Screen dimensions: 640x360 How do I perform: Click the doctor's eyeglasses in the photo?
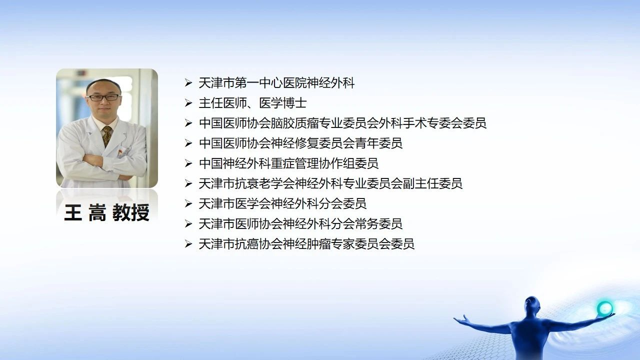click(x=103, y=97)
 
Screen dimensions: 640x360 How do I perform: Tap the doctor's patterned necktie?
click(x=107, y=135)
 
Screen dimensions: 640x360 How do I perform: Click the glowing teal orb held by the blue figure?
click(x=604, y=308)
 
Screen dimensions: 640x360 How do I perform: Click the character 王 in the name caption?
click(x=73, y=212)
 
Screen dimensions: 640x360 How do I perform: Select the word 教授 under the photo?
click(x=131, y=212)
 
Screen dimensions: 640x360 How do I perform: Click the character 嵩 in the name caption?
click(x=97, y=212)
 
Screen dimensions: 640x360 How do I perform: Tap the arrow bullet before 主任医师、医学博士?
click(x=188, y=103)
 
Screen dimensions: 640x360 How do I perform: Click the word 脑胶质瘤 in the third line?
click(x=295, y=123)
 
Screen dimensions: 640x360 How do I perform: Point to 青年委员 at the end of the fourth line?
click(x=378, y=143)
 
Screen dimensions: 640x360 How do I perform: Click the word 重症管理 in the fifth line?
click(x=295, y=163)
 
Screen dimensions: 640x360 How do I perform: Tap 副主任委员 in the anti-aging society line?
click(x=432, y=183)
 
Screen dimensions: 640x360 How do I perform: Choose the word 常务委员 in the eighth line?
click(x=378, y=223)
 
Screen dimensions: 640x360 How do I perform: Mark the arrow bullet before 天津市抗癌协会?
click(x=188, y=243)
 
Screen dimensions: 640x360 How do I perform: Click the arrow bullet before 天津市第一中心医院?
click(x=188, y=83)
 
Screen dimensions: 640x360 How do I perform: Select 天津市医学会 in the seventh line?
click(x=234, y=203)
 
